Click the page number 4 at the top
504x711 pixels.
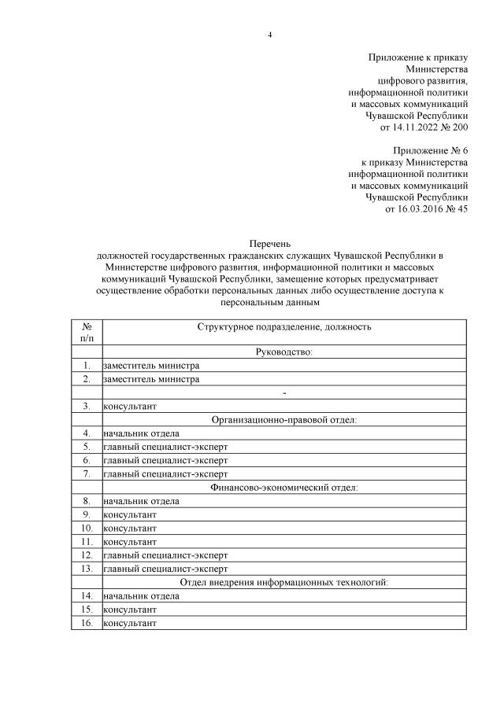coord(269,35)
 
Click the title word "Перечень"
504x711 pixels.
coord(270,245)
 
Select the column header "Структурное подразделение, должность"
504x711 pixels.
coord(284,326)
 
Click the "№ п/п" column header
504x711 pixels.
coord(87,332)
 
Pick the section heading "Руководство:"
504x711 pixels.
coord(284,352)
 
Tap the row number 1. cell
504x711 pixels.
coord(87,366)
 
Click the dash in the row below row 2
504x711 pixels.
coord(284,392)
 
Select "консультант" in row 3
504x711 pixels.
coord(131,407)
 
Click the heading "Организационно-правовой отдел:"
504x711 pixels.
coord(284,420)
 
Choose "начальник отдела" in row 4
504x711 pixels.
coord(141,433)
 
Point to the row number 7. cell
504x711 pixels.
coord(87,474)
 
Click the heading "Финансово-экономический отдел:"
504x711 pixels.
coord(284,488)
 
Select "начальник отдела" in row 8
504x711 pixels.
coord(141,501)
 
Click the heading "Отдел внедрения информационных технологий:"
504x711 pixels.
coord(284,582)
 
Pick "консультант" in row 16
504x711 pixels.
coord(131,623)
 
